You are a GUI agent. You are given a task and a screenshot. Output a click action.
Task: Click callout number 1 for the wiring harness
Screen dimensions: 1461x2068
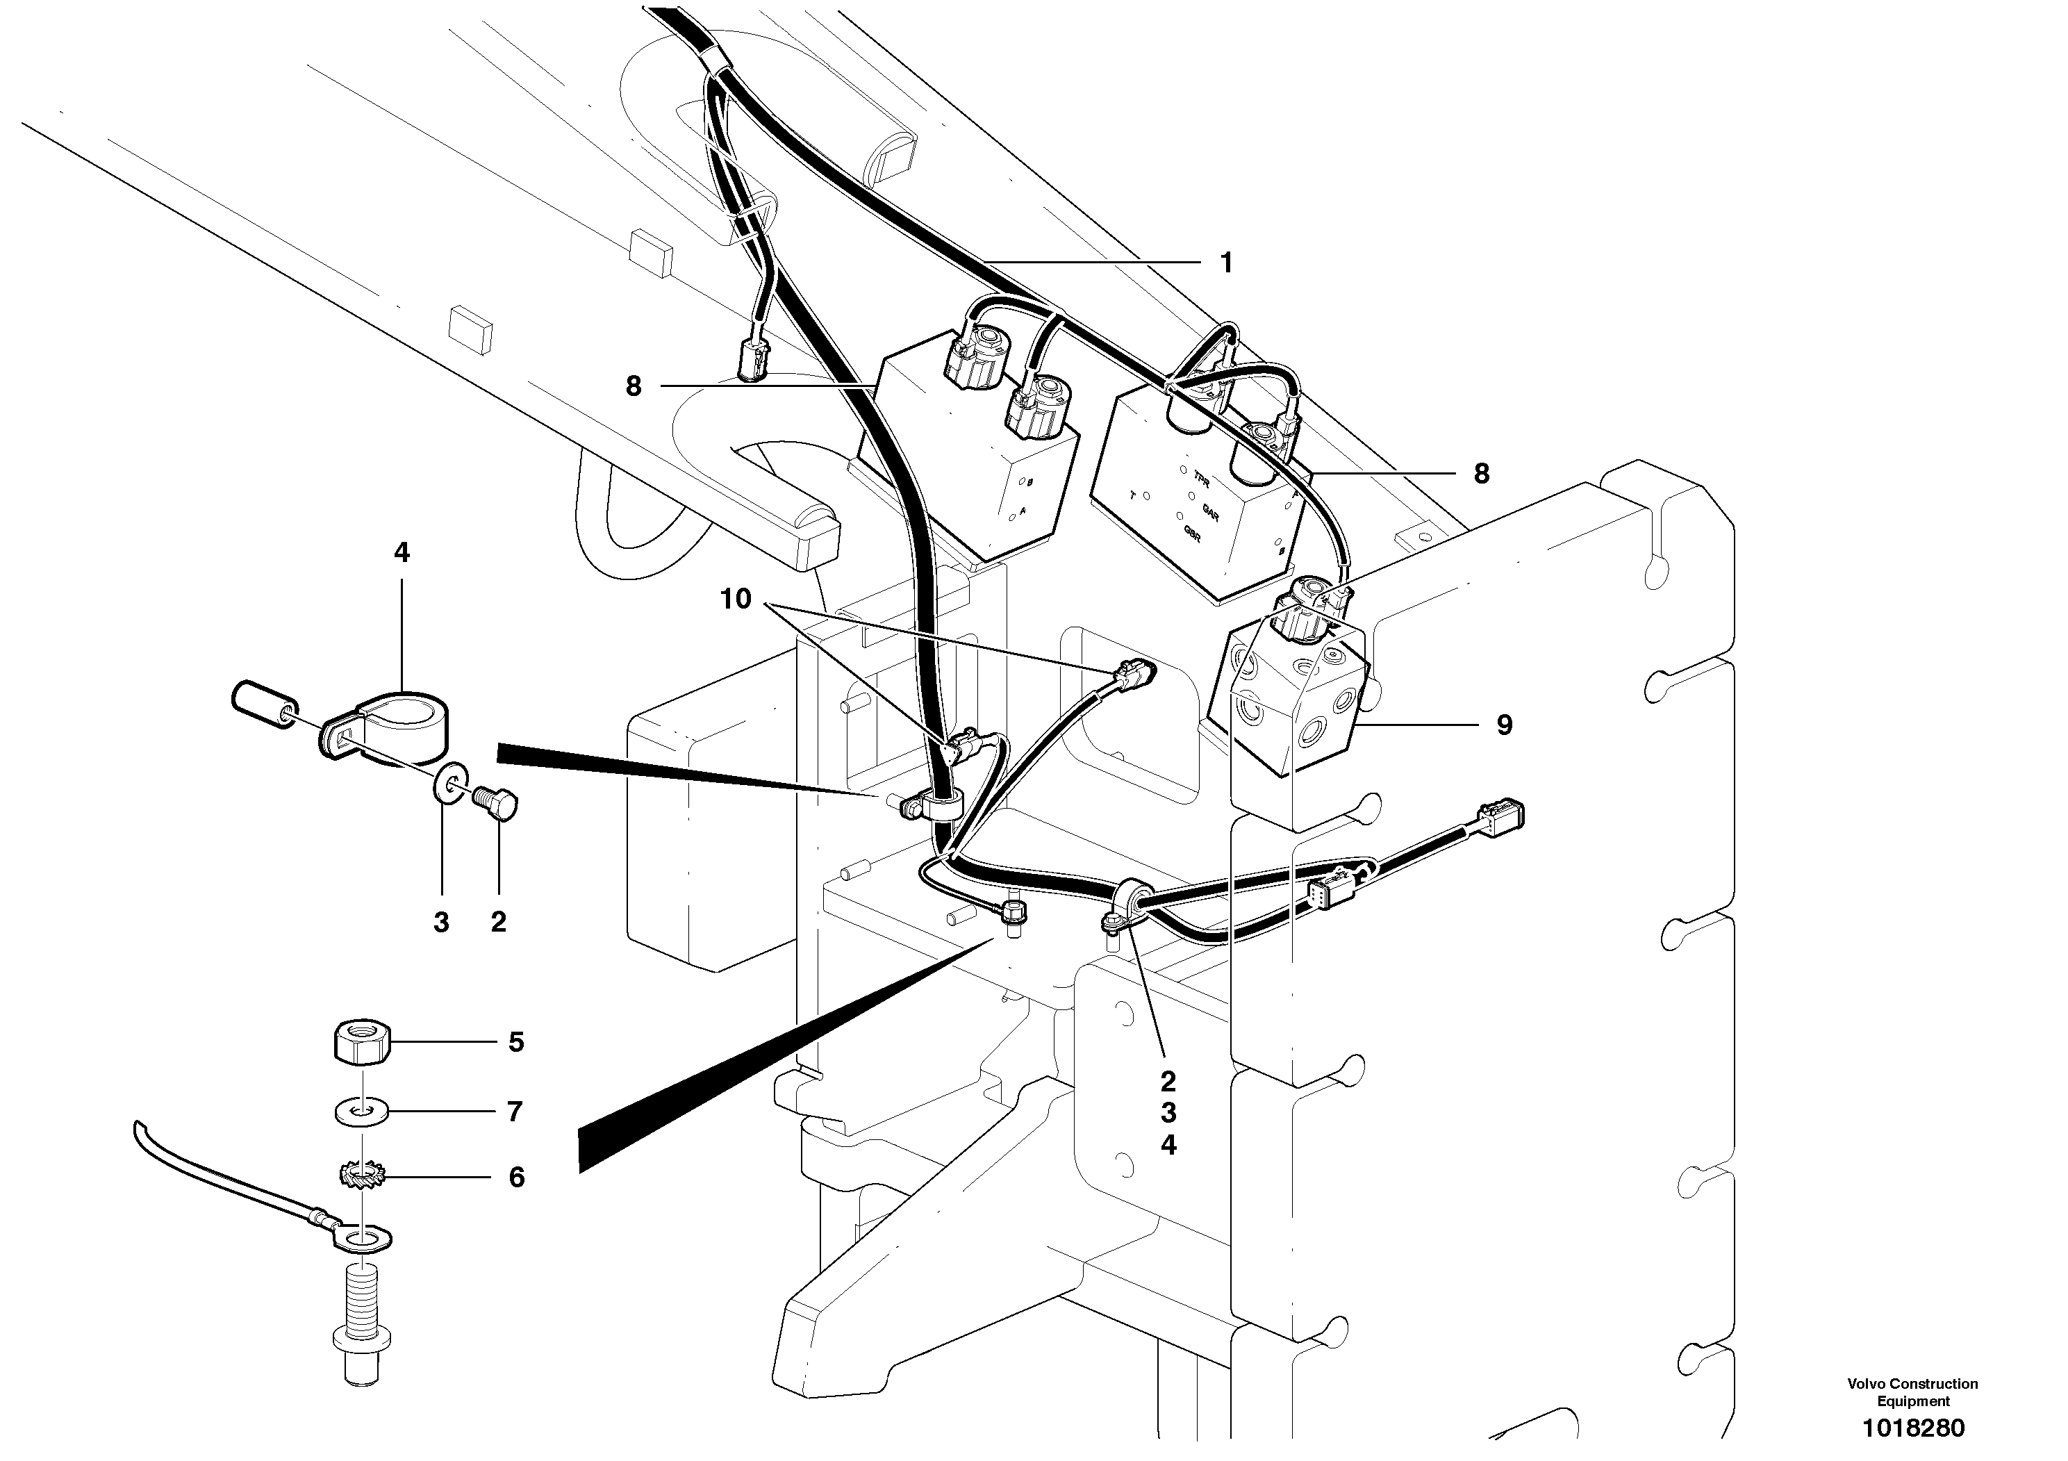point(1226,263)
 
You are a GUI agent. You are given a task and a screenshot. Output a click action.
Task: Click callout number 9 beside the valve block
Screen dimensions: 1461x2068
point(1504,725)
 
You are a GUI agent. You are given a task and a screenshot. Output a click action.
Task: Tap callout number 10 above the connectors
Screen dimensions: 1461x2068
point(736,599)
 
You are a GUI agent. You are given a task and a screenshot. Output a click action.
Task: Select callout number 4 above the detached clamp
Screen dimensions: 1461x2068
point(402,552)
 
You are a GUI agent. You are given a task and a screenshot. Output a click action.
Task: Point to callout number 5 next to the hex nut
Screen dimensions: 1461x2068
point(515,1042)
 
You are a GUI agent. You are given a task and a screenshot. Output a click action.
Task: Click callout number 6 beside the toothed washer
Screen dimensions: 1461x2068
point(516,1178)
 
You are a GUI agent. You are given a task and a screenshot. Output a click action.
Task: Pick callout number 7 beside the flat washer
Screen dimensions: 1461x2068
point(514,1112)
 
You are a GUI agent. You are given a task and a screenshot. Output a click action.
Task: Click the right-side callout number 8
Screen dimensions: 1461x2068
point(1482,474)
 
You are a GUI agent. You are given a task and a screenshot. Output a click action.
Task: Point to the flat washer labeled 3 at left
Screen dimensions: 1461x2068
point(447,781)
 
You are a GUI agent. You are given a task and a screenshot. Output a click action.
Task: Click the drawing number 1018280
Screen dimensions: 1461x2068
point(1913,1428)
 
